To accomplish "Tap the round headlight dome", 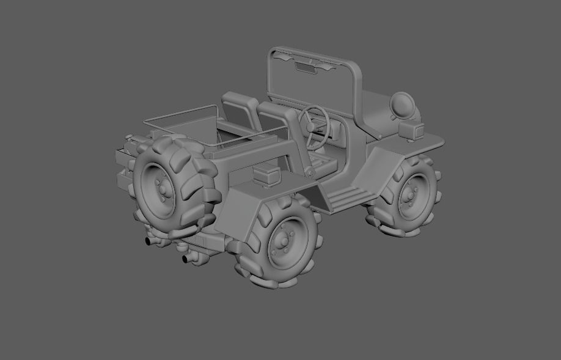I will coord(403,105).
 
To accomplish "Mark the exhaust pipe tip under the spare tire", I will coord(149,241).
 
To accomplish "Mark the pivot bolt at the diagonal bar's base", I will coord(310,173).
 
